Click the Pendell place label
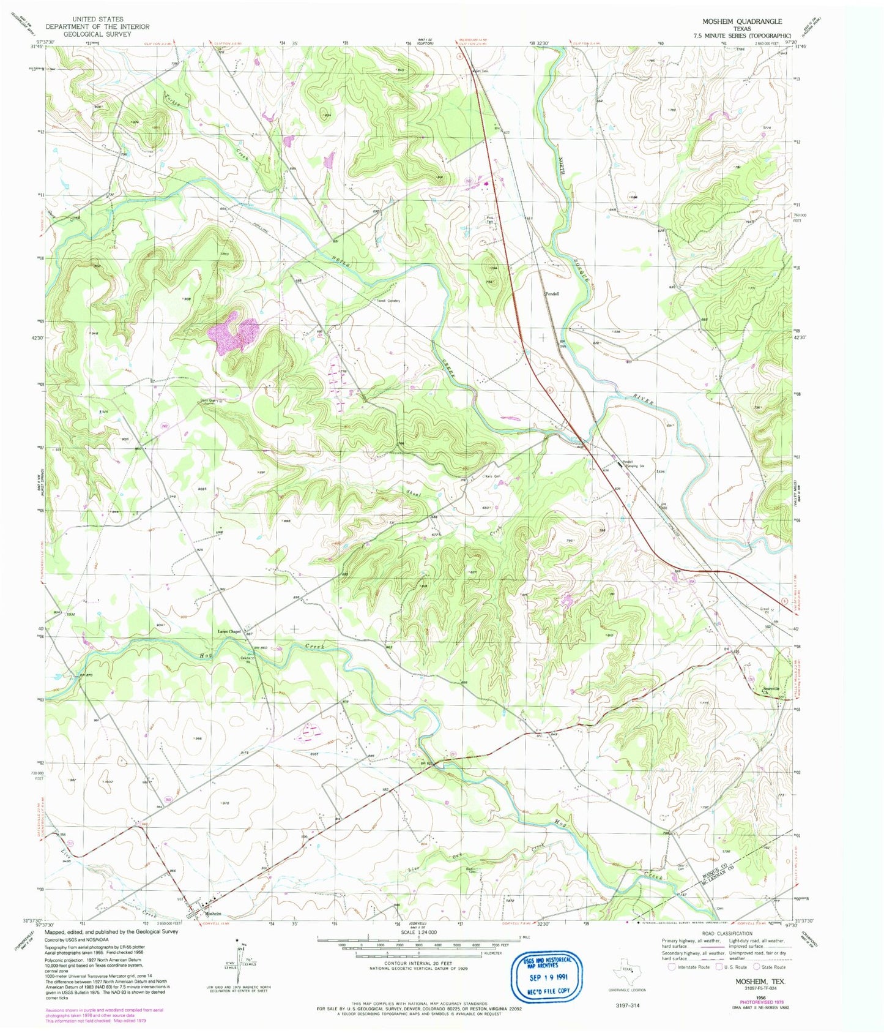point(552,293)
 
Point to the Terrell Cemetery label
point(388,301)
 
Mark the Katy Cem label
point(492,476)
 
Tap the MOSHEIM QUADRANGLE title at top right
point(741,21)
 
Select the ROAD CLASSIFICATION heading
point(727,933)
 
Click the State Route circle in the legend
point(757,967)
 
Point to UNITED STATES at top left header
point(97,20)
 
